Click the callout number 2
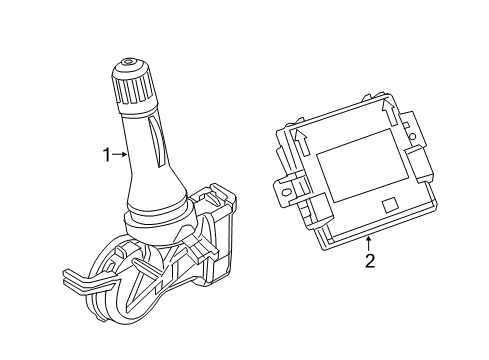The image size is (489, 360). pos(369,262)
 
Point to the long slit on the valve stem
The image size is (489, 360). pos(155,140)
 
